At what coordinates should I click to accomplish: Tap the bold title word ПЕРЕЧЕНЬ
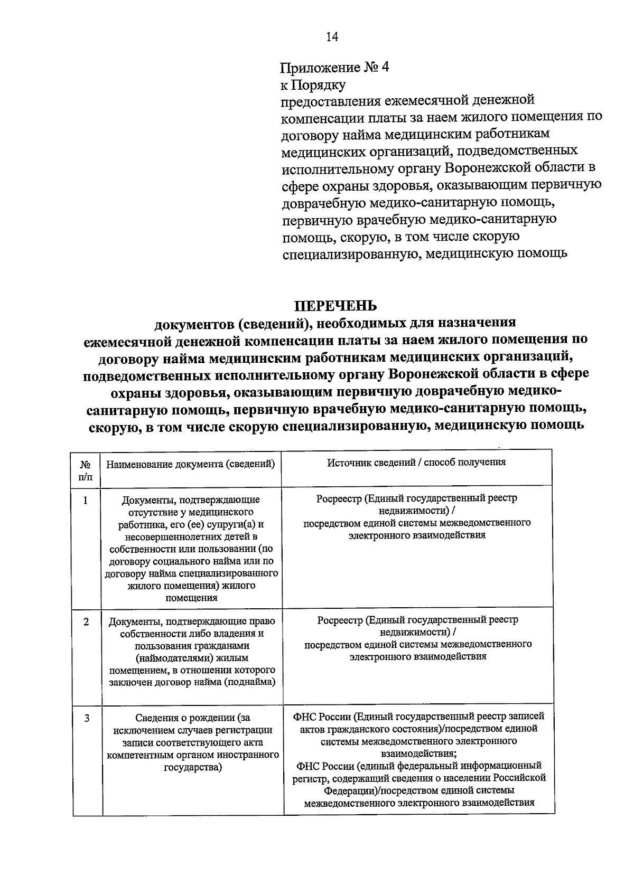(335, 306)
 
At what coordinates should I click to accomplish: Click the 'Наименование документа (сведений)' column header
(191, 464)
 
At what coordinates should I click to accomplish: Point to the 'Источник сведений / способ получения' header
(416, 462)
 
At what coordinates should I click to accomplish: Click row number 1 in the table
(85, 500)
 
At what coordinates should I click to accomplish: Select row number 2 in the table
(86, 621)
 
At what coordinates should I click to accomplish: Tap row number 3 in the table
(86, 718)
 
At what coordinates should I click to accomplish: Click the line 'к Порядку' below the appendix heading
(313, 84)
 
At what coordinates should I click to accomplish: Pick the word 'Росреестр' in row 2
(341, 620)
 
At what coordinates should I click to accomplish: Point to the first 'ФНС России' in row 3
(321, 717)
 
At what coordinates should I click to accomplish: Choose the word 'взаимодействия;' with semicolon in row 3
(418, 753)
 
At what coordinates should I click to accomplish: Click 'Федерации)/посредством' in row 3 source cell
(378, 791)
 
